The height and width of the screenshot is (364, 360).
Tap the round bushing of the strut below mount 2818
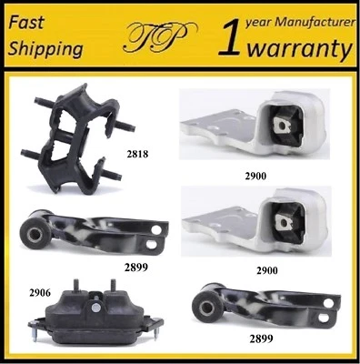tap(35, 235)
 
